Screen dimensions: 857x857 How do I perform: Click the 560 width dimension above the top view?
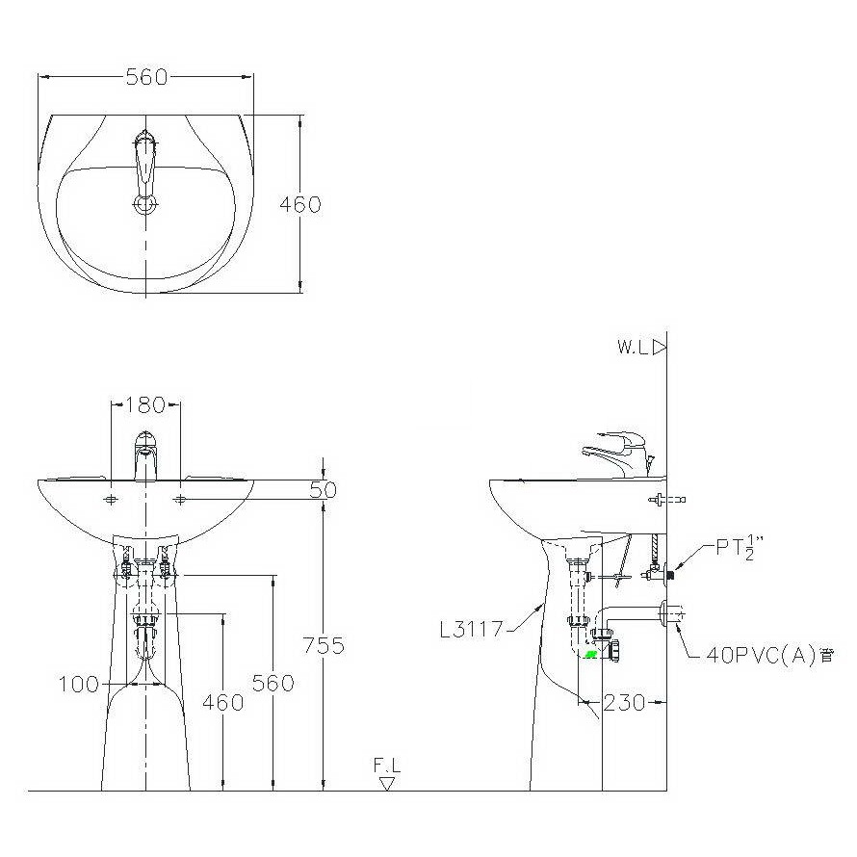146,77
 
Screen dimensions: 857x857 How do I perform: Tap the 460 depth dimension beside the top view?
300,204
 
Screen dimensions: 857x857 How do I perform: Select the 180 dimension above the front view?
145,405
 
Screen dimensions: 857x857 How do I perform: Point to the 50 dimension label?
323,490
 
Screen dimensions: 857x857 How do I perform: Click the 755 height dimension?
324,645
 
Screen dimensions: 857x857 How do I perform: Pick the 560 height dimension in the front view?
273,683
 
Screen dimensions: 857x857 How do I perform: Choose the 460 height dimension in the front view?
223,702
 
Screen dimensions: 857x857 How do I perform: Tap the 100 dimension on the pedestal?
79,685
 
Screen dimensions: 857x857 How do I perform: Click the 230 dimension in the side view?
624,702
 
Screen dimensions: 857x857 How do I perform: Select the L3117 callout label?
471,630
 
